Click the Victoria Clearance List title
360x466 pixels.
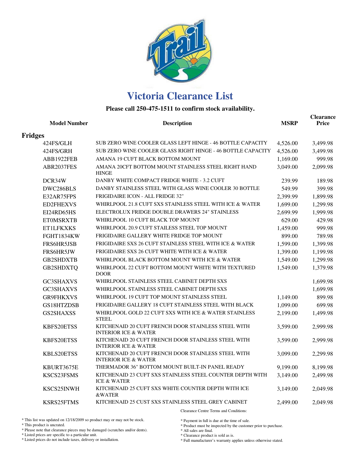pos(180,96)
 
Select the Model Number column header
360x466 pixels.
pos(69,123)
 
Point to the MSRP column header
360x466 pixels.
pos(289,123)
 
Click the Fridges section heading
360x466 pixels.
pos(33,136)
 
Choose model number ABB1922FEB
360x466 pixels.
pos(60,159)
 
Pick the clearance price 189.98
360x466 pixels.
pos(324,181)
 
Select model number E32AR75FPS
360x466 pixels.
pos(59,197)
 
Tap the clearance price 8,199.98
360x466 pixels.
pos(322,367)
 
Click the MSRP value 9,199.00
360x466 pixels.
pos(287,367)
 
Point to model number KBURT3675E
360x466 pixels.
pos(60,367)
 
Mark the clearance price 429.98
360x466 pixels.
pos(324,220)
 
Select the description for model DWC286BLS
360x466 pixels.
pos(178,189)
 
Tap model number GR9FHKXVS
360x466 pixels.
pos(60,297)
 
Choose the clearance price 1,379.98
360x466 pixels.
pos(322,268)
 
